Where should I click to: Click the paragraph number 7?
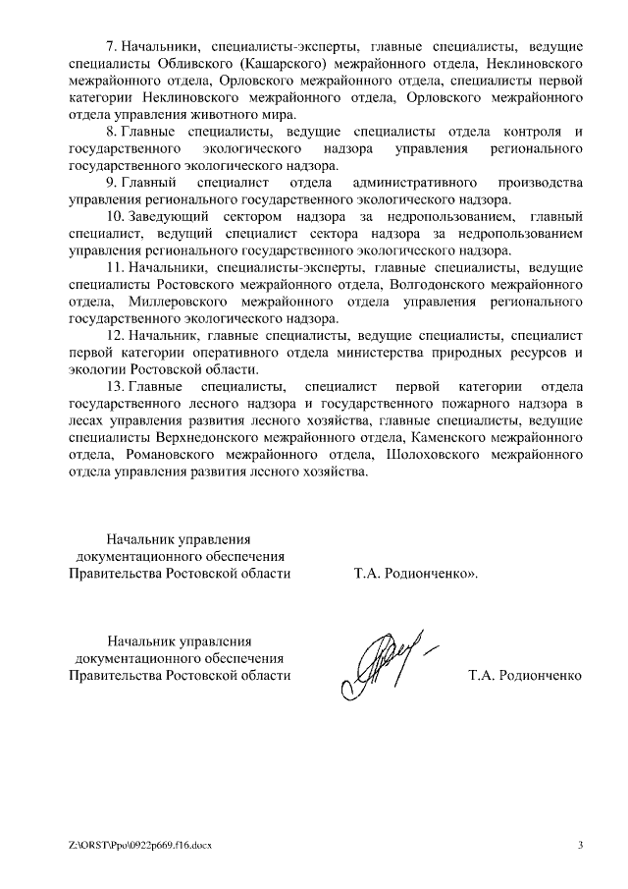point(110,47)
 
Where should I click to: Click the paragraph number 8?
point(110,132)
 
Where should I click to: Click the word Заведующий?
point(169,216)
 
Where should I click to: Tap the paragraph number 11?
point(114,267)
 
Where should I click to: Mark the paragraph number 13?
point(114,386)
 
